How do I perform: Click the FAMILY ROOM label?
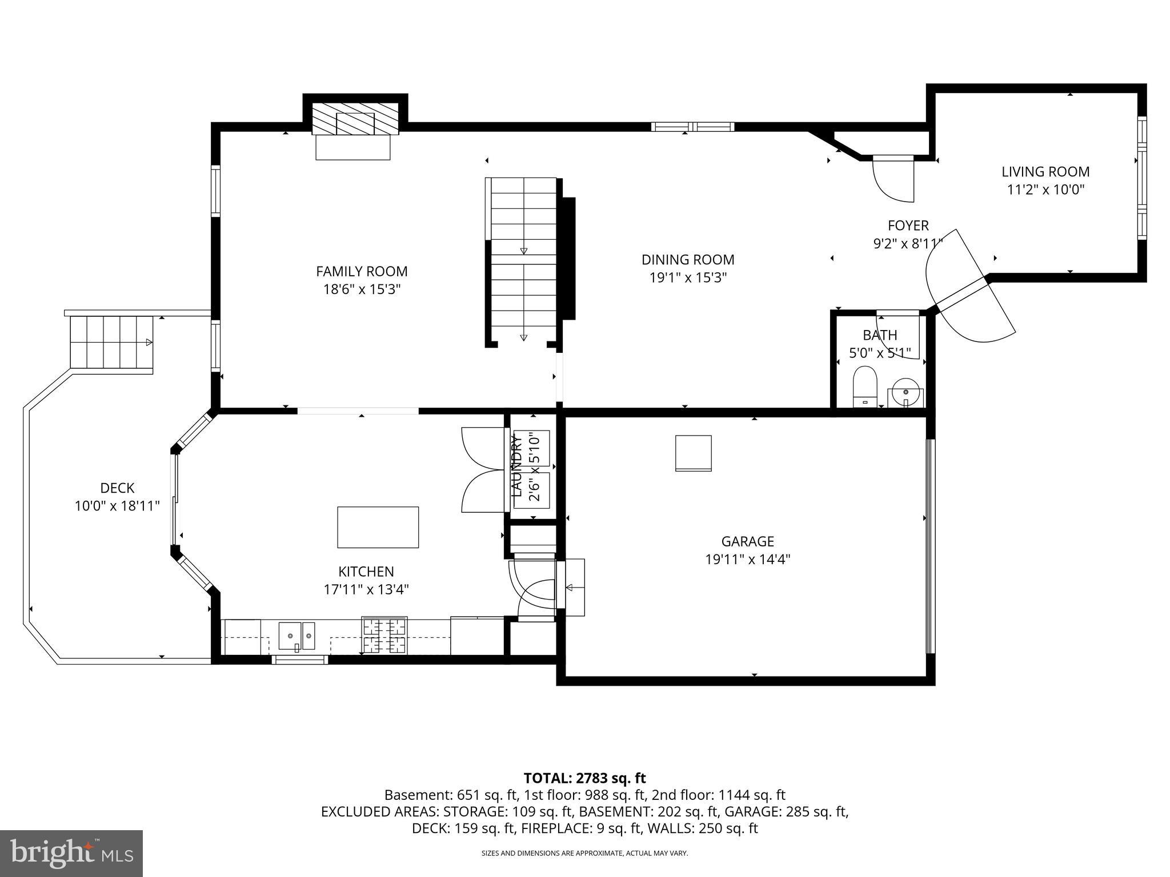(x=362, y=271)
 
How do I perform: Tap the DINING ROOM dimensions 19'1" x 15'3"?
(x=688, y=278)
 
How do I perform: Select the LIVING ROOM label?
(x=1045, y=171)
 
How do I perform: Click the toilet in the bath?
(x=864, y=386)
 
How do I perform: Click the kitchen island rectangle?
(x=378, y=527)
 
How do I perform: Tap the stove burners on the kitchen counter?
(x=384, y=635)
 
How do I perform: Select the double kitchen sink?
(x=296, y=636)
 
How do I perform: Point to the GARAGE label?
(x=747, y=541)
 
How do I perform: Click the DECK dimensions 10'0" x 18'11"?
(x=117, y=506)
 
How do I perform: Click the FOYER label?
(x=908, y=226)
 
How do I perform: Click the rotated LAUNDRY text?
(x=516, y=466)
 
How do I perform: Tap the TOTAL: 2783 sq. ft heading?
(x=584, y=778)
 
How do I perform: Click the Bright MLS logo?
(x=71, y=853)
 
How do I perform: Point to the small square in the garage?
(x=694, y=453)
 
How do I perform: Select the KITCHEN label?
(x=366, y=572)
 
